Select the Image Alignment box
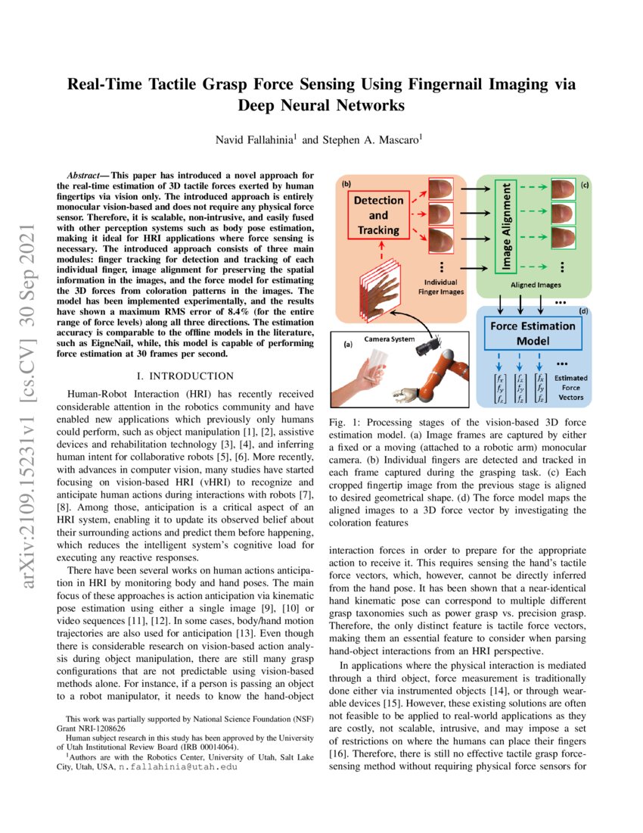[x=508, y=225]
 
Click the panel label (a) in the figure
[x=347, y=345]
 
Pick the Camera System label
[x=388, y=339]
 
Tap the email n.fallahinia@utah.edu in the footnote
[x=184, y=767]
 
